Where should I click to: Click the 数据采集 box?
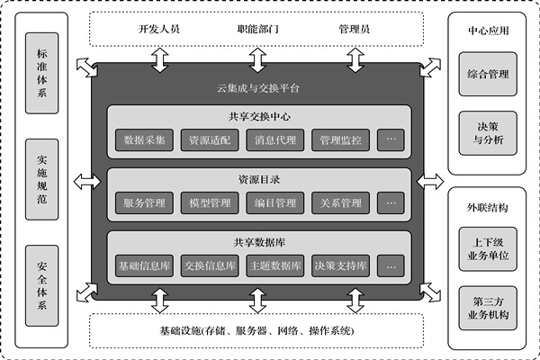click(x=144, y=140)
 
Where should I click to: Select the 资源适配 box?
click(x=210, y=140)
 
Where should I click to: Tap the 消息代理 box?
click(x=275, y=140)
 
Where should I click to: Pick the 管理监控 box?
click(x=340, y=140)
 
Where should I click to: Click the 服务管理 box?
click(x=144, y=202)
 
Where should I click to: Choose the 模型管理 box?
click(x=210, y=202)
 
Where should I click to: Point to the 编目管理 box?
click(x=275, y=202)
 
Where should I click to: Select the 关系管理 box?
click(x=340, y=202)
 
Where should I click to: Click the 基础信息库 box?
click(x=144, y=265)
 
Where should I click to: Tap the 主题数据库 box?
click(x=275, y=265)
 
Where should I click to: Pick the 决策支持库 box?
click(x=340, y=265)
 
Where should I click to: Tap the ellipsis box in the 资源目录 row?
click(x=391, y=202)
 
